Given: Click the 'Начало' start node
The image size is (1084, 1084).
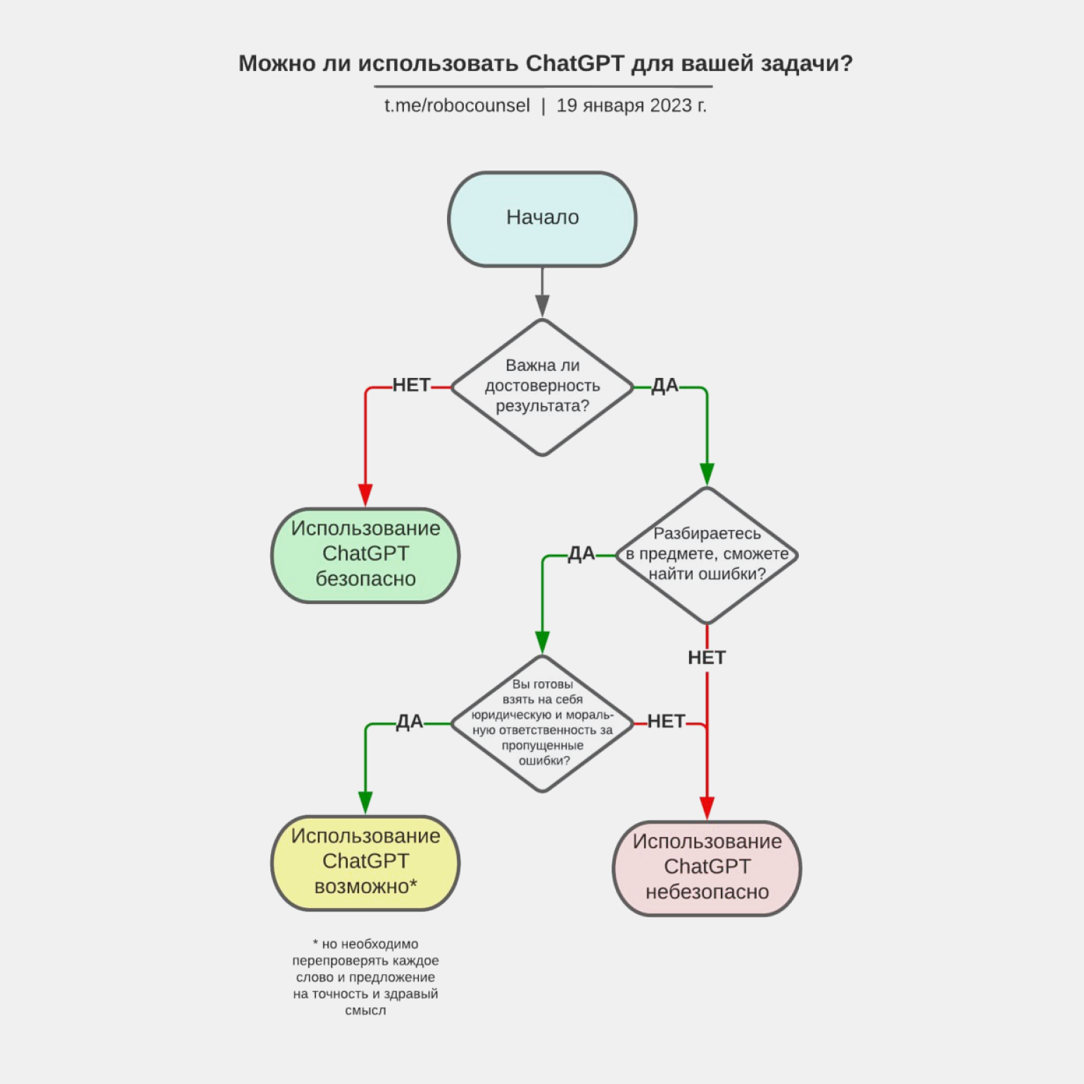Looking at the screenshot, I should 542,218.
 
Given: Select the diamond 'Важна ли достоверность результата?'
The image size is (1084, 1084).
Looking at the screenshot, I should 542,386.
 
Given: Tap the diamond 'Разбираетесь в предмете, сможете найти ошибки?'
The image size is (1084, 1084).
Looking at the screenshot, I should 707,554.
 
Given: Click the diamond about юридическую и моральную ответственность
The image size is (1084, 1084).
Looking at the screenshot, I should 542,722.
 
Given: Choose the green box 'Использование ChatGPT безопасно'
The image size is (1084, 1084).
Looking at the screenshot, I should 365,554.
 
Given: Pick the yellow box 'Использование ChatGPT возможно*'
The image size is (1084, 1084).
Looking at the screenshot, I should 365,862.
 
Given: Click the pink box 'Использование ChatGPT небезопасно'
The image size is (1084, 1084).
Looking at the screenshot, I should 707,867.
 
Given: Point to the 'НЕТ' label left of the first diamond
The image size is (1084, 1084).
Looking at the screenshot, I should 411,385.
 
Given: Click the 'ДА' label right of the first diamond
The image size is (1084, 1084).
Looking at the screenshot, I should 664,385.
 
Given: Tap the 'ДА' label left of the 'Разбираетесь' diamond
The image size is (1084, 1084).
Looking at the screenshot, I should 581,553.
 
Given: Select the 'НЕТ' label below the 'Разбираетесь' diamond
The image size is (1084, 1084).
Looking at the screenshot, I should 707,657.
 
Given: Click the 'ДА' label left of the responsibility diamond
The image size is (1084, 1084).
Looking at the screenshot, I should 410,721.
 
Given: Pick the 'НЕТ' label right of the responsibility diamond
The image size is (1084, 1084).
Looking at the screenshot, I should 666,721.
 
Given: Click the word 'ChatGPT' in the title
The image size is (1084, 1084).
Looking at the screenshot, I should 574,63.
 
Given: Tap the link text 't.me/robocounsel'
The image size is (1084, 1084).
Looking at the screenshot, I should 457,106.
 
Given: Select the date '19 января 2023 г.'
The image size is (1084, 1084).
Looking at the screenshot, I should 631,106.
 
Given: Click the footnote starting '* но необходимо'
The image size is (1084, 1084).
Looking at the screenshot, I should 365,976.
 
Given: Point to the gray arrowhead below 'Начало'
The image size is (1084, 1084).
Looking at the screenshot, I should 542,305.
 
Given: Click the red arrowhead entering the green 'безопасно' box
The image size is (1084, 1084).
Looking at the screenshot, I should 365,494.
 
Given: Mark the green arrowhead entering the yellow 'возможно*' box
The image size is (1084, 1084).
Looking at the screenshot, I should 365,802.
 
